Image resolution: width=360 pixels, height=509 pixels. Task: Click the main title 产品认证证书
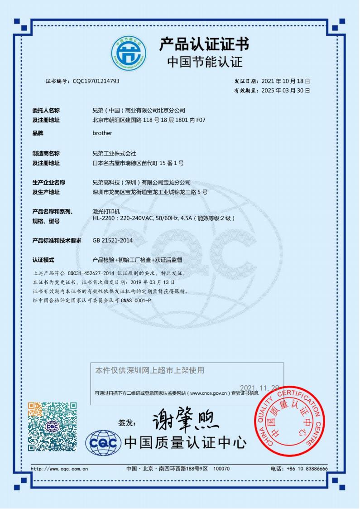204,44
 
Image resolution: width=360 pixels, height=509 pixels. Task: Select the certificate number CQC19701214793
96,81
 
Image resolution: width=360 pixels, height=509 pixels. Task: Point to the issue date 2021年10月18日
285,81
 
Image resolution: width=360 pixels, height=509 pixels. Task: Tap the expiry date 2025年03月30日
285,91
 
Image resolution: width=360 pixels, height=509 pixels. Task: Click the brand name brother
102,133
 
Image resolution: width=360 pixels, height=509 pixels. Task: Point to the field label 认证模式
43,260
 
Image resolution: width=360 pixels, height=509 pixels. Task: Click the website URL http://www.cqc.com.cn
59,468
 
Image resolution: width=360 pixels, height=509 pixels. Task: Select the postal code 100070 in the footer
221,468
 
